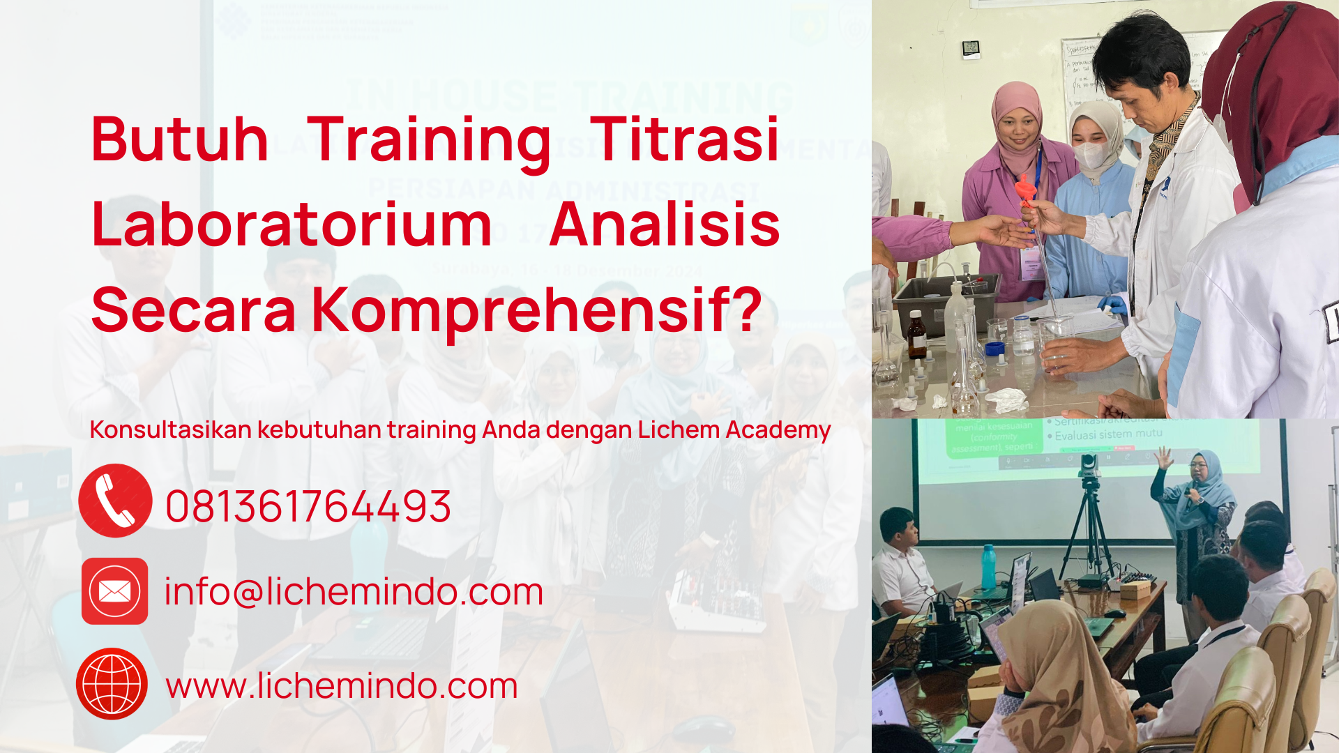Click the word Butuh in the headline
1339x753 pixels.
[x=179, y=139]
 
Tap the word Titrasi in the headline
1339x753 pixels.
[x=684, y=139]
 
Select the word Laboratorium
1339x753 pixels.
[x=292, y=225]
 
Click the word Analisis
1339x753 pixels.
[x=664, y=225]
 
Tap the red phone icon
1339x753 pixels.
[x=115, y=501]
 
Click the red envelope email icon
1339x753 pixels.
[x=114, y=591]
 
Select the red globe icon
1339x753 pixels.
[x=112, y=684]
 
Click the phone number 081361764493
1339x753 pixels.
[x=308, y=506]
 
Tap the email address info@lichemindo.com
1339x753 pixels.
[x=354, y=592]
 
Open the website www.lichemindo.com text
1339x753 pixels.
[x=342, y=686]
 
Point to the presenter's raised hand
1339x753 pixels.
[x=1163, y=457]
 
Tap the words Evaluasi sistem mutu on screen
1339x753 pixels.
[x=1108, y=434]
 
